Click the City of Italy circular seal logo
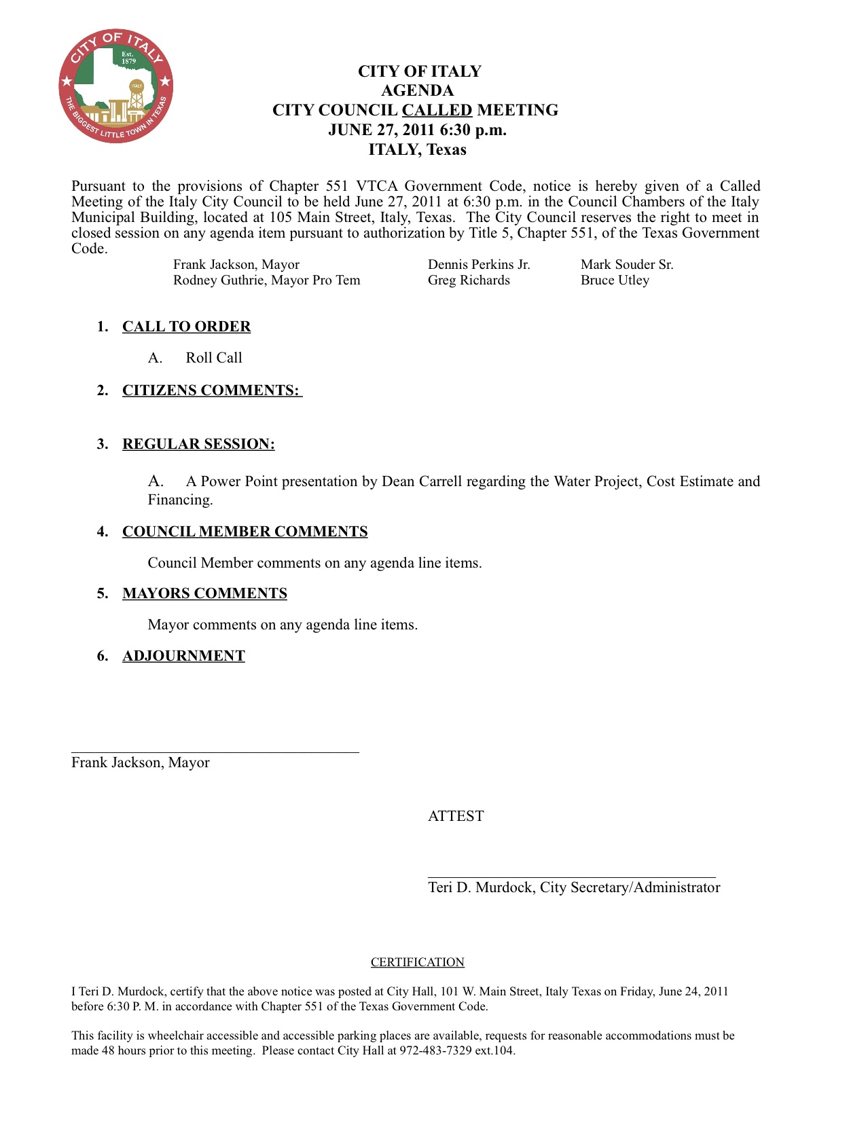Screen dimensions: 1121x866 click(x=115, y=86)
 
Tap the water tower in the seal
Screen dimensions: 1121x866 click(x=137, y=95)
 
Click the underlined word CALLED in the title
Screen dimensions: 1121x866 click(x=437, y=110)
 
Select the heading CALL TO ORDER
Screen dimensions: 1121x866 click(x=186, y=327)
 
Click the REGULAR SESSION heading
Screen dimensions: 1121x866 click(x=198, y=444)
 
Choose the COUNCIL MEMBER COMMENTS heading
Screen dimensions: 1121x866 click(x=245, y=532)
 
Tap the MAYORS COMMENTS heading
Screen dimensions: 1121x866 click(x=204, y=593)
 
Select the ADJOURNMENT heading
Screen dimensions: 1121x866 click(x=183, y=656)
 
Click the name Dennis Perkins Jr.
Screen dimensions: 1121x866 click(x=479, y=265)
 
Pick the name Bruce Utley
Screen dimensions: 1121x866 click(x=615, y=280)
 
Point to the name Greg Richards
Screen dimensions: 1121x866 click(x=469, y=280)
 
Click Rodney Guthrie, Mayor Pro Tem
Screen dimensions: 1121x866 click(x=266, y=280)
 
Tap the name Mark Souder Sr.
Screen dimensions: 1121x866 click(x=627, y=265)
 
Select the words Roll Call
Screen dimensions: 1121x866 click(x=214, y=358)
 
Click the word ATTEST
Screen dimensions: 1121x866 click(x=456, y=816)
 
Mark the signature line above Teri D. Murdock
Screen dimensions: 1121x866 click(x=571, y=877)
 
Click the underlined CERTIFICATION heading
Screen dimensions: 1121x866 click(x=417, y=962)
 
